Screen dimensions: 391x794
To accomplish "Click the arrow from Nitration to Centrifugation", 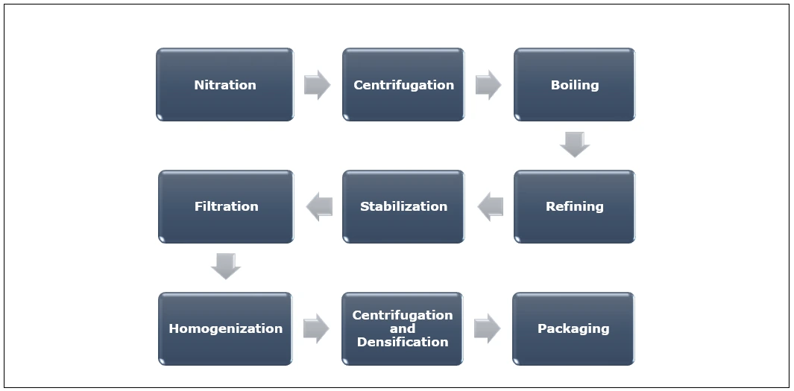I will [317, 85].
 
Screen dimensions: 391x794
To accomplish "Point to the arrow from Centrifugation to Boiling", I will [488, 85].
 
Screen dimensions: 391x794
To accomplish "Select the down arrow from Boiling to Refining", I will [575, 144].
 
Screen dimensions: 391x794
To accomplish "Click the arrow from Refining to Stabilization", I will [490, 206].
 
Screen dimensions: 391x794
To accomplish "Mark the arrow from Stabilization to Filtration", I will [319, 206].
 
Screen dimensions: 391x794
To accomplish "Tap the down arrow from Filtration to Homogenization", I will [225, 266].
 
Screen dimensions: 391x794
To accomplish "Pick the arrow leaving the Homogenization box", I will [316, 328].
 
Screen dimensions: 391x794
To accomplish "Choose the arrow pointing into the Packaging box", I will [487, 328].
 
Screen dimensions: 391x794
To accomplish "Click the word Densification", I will [403, 342].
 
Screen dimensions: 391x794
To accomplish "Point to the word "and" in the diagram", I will [403, 328].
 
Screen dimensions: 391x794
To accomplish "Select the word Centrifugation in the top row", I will [403, 85].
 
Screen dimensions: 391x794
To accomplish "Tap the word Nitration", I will [224, 85].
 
